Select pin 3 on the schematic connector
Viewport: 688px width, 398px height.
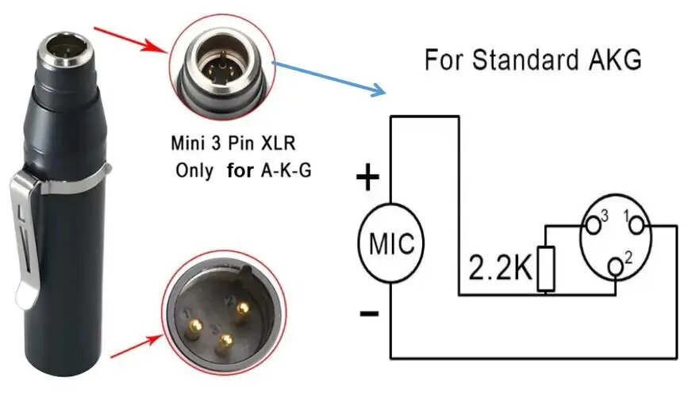592,224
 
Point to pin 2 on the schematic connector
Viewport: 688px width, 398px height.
616,266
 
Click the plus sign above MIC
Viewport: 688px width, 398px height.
367,179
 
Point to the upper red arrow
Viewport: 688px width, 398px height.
131,39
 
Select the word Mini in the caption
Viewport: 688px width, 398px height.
189,145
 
